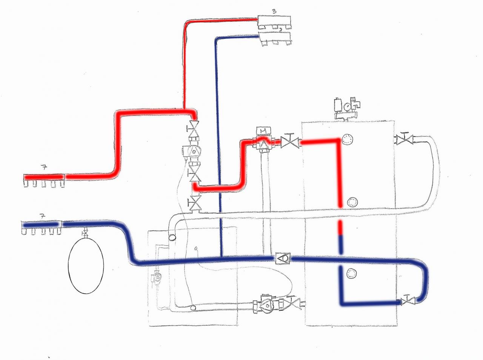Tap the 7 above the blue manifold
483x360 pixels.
point(43,216)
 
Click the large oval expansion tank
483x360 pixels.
point(86,266)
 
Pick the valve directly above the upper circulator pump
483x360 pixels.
point(194,130)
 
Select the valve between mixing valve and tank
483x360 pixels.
point(290,143)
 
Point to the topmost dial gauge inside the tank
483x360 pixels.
point(346,140)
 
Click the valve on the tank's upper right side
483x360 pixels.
point(403,140)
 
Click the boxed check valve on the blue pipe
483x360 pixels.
point(283,258)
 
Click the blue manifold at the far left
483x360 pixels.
point(41,226)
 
